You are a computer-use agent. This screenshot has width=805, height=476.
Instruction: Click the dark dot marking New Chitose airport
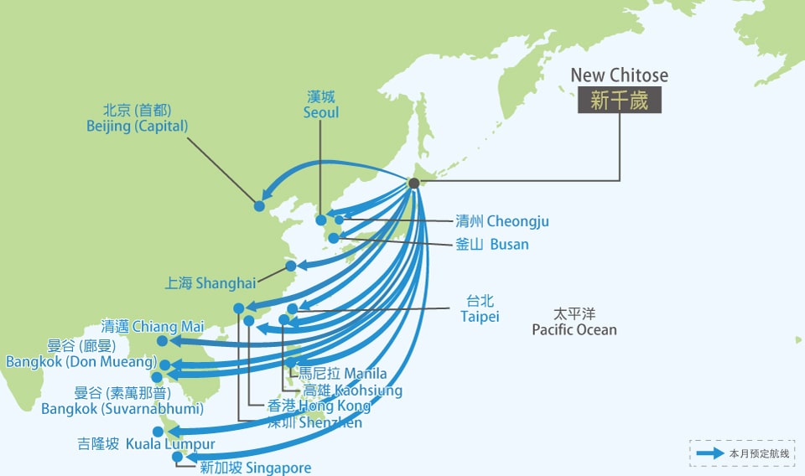pos(413,184)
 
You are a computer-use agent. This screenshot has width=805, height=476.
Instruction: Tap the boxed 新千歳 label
pos(619,101)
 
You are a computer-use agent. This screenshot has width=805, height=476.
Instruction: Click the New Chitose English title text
pos(619,75)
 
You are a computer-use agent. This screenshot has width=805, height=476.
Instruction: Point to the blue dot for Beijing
pos(259,205)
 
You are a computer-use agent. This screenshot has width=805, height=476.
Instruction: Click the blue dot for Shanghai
pos(291,266)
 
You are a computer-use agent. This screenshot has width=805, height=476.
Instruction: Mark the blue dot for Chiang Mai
pos(162,341)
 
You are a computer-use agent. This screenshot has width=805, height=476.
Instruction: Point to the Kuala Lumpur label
pos(146,444)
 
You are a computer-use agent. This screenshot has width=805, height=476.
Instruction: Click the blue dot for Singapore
pos(177,457)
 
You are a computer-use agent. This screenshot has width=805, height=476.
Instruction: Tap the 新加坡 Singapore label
pos(255,468)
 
